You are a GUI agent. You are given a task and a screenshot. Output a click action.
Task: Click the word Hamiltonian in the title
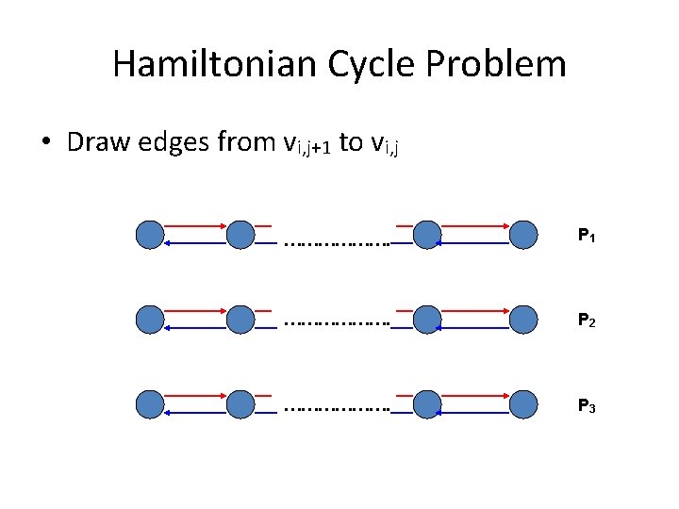tap(215, 64)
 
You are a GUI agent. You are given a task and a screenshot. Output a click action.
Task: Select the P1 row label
tap(586, 236)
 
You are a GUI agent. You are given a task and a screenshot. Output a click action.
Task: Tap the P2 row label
tap(586, 321)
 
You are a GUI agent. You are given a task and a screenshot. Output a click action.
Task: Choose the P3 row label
tap(586, 406)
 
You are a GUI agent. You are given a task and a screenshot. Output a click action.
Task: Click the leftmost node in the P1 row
tap(150, 235)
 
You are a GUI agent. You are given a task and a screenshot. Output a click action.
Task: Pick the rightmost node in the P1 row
tap(523, 235)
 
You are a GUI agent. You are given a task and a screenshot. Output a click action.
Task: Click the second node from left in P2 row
tap(240, 320)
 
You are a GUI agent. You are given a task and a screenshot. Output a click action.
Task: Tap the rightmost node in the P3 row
tap(523, 404)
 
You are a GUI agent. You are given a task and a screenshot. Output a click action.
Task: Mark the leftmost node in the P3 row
tap(150, 404)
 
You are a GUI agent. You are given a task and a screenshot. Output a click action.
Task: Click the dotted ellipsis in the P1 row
tap(336, 241)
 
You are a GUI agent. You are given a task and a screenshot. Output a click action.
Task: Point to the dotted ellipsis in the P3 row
tap(336, 411)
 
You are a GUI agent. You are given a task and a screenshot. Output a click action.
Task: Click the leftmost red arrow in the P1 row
tap(195, 227)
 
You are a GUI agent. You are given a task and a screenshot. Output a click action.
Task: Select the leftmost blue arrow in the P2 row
tap(195, 328)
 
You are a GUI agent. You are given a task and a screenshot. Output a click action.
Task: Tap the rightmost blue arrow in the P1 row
tap(476, 243)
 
